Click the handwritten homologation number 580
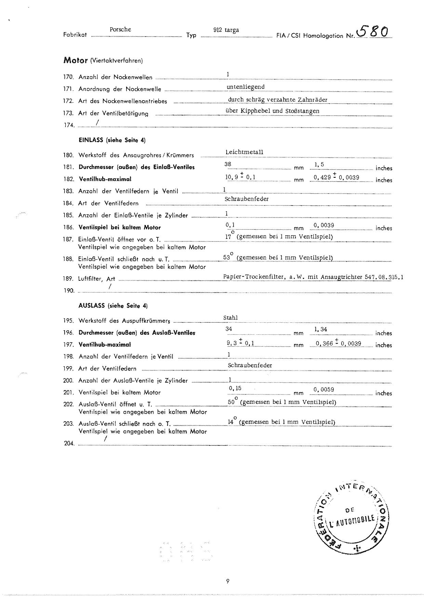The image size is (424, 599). [x=373, y=32]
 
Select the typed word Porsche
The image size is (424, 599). [x=120, y=29]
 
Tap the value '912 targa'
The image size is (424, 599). [x=226, y=30]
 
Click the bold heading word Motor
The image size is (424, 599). [x=76, y=61]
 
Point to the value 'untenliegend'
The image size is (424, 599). [x=246, y=87]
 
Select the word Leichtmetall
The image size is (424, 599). [x=244, y=152]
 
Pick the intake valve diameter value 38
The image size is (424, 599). [x=228, y=164]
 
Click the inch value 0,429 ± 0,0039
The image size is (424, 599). [x=336, y=177]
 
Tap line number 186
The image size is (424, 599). [x=68, y=227]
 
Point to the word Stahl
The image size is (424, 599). [x=230, y=318]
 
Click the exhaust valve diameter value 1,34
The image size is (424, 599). [x=321, y=329]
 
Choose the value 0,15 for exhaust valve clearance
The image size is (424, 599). [x=235, y=388]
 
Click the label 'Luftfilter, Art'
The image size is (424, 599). [x=97, y=279]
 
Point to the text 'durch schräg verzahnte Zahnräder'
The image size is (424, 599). [x=278, y=99]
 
